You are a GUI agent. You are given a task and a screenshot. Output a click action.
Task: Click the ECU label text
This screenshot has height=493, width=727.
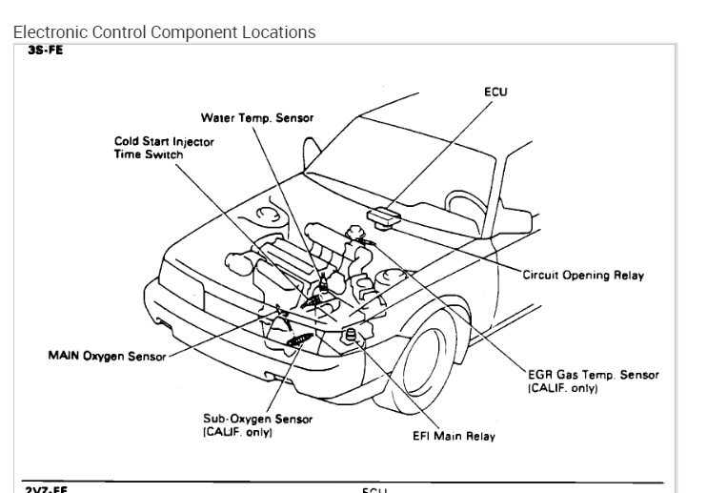[495, 92]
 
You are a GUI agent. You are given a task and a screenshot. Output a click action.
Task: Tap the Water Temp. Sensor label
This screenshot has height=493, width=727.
[256, 117]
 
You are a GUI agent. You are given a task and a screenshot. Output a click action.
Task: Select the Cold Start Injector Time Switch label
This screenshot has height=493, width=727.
[164, 147]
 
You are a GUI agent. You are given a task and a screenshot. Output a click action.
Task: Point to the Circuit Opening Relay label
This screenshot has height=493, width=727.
[583, 276]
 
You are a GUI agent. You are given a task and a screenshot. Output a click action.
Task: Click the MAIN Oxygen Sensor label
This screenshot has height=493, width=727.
[106, 357]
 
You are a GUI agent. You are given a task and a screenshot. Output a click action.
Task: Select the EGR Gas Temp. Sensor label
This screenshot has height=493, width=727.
[593, 375]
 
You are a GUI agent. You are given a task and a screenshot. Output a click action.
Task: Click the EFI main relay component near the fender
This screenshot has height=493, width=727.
[351, 334]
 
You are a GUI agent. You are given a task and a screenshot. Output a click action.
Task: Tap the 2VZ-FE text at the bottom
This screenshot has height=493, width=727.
[45, 488]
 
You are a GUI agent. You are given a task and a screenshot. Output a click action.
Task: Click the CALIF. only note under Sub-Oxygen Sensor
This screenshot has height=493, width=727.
[237, 432]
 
